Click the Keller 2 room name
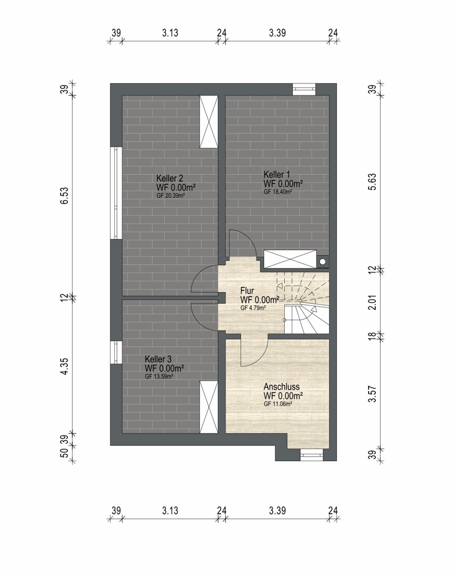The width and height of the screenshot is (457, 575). click(x=169, y=179)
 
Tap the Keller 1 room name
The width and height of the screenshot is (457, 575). click(x=277, y=175)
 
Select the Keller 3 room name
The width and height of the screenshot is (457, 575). click(x=158, y=359)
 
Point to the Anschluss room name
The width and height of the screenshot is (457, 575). click(x=281, y=387)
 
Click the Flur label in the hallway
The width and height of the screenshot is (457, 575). click(x=247, y=291)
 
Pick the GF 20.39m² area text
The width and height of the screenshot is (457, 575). click(x=171, y=196)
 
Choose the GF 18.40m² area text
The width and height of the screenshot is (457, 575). click(x=277, y=192)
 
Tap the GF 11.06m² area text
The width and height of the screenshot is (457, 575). click(x=277, y=404)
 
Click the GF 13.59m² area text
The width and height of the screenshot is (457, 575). click(x=158, y=377)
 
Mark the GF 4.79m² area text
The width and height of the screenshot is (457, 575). click(x=253, y=308)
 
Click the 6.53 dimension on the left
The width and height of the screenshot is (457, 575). click(x=64, y=196)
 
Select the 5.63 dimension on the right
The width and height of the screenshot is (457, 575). click(x=373, y=182)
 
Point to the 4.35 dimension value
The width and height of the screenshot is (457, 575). click(x=64, y=366)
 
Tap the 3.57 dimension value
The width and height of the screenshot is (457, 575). click(x=373, y=394)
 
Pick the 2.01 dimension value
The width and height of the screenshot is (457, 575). click(x=373, y=302)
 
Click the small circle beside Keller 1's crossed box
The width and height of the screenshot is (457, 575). click(x=323, y=262)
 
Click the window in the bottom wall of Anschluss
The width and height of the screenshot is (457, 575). click(x=312, y=455)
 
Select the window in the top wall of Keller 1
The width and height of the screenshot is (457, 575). click(x=304, y=89)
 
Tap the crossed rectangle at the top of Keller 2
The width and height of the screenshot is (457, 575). click(x=209, y=122)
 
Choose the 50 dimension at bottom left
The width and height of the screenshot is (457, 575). click(x=64, y=453)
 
